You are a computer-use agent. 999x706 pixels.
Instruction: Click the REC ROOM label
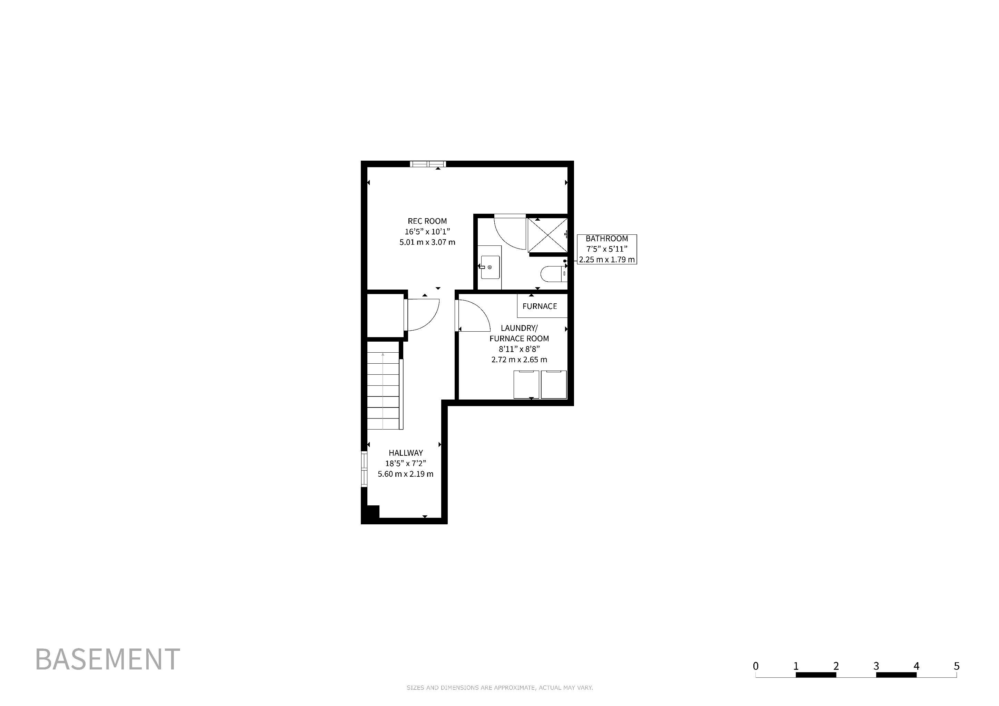coord(427,221)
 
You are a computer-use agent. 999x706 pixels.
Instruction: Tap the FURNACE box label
coord(540,306)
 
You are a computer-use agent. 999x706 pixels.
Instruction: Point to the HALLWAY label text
coord(406,453)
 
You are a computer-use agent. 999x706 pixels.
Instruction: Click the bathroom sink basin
coord(490,268)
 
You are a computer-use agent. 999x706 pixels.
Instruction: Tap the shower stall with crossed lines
coord(547,235)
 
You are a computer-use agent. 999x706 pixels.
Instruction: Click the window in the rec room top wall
coord(428,164)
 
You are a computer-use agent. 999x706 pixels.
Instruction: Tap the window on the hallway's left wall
coord(364,468)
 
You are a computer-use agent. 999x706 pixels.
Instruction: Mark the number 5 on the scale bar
coord(956,666)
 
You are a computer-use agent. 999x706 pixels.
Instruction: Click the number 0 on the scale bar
coord(756,666)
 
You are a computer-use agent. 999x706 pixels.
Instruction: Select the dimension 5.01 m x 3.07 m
coord(427,242)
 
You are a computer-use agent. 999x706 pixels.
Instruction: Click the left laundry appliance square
coord(526,384)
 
